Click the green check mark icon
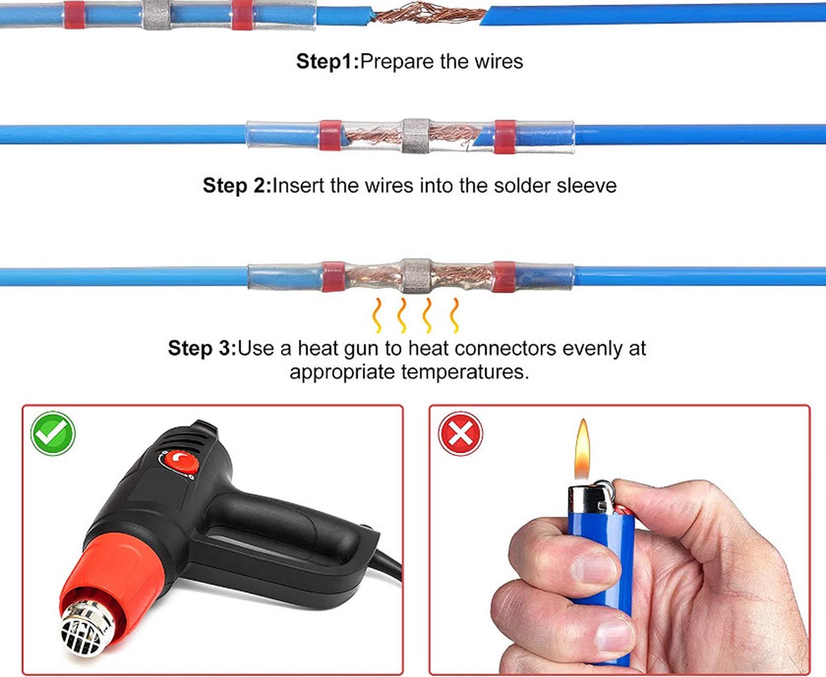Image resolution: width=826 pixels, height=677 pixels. click(x=53, y=433)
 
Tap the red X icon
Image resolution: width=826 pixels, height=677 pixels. click(x=460, y=433)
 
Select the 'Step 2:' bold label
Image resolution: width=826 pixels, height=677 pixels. click(x=237, y=186)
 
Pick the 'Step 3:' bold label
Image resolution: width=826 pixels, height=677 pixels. click(x=202, y=348)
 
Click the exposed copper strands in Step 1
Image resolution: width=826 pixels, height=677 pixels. click(x=427, y=14)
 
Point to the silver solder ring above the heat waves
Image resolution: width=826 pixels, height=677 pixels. click(x=416, y=276)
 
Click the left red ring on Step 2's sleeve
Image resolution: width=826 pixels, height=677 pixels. click(x=330, y=135)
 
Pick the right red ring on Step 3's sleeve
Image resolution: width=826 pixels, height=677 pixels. click(x=505, y=277)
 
